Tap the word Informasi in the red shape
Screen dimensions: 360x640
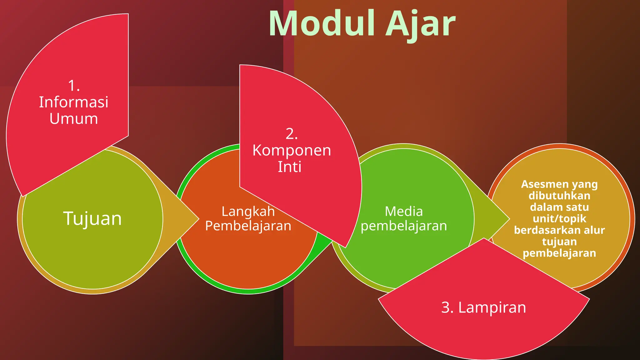tap(73, 102)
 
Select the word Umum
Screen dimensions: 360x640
tap(74, 119)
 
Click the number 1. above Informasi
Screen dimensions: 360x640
tap(74, 86)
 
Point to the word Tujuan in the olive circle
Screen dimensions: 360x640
tap(92, 218)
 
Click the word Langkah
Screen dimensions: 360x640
tap(248, 212)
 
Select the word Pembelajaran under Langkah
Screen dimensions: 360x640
tap(248, 226)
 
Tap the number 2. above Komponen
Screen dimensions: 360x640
tap(292, 134)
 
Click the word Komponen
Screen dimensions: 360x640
tap(292, 150)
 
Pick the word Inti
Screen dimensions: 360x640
tap(290, 167)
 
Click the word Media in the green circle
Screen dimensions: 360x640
tap(404, 212)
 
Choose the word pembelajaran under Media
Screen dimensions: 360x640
tap(404, 226)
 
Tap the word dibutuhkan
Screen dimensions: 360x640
tap(559, 196)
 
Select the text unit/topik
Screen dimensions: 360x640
tap(559, 218)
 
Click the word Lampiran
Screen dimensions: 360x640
tap(492, 307)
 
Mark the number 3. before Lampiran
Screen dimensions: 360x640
tap(447, 307)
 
